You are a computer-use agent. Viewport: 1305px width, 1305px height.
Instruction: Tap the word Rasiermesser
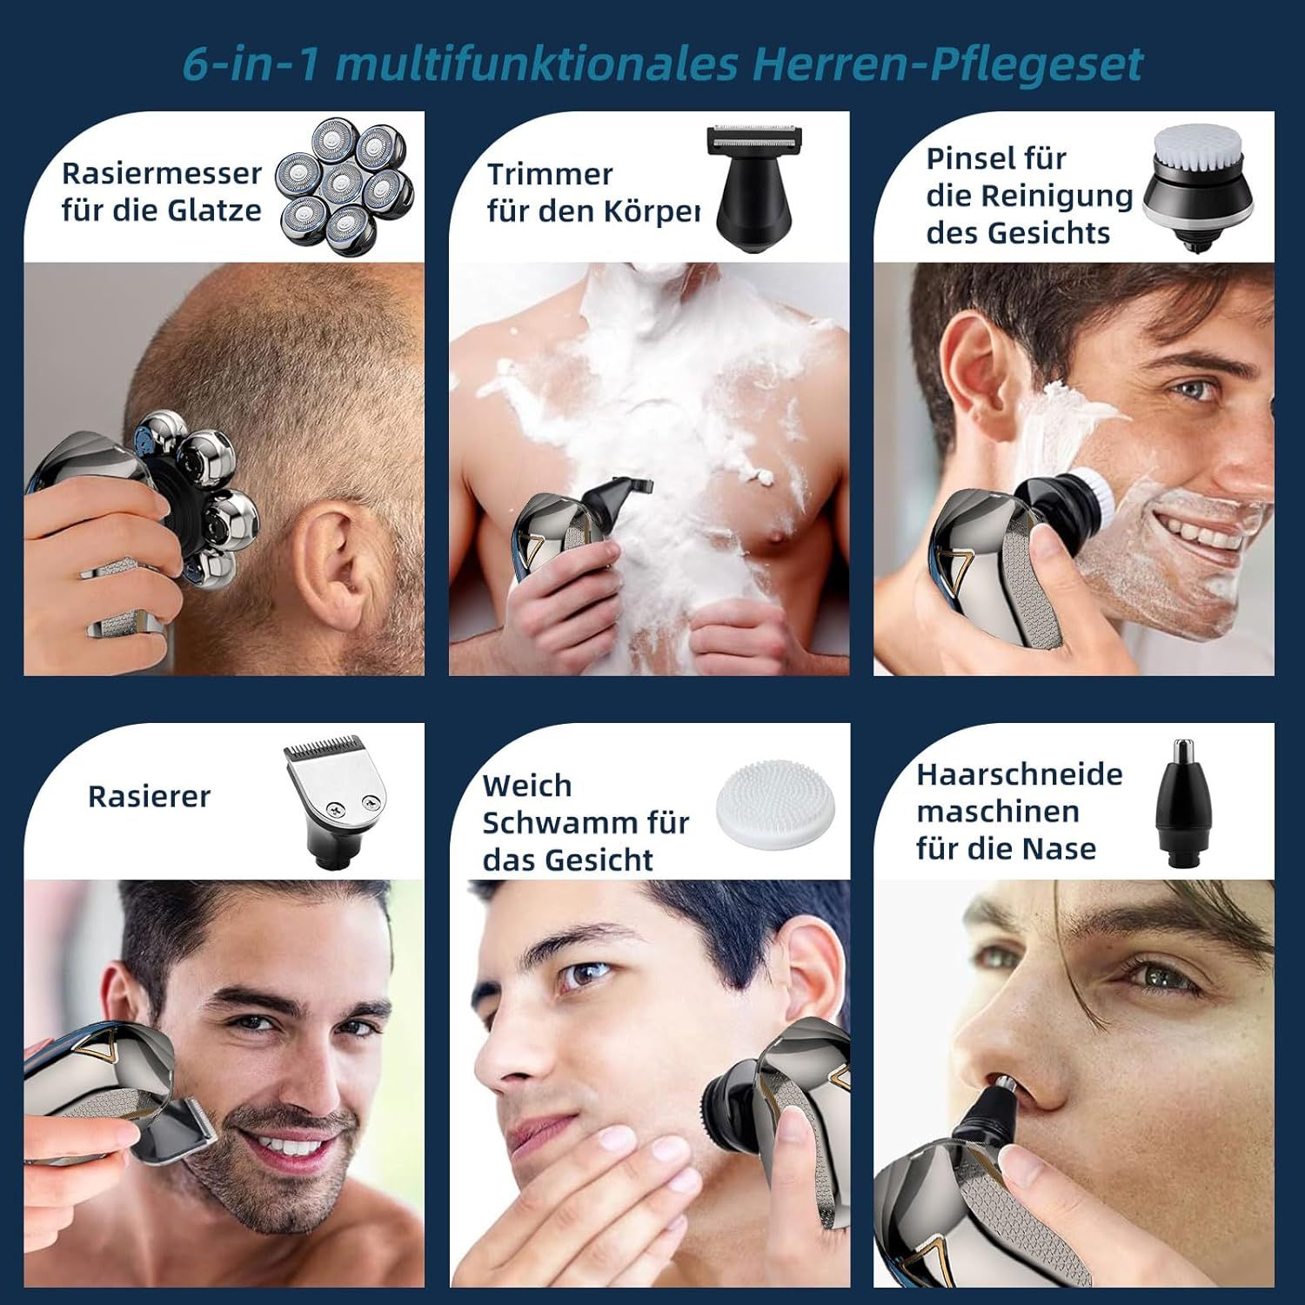click(x=161, y=173)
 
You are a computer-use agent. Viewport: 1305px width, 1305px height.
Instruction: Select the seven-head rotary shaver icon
click(x=344, y=180)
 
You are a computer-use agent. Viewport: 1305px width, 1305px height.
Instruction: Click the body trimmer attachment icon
click(x=750, y=187)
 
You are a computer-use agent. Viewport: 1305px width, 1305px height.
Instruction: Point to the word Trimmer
click(x=550, y=174)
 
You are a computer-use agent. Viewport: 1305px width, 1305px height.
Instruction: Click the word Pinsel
click(x=966, y=159)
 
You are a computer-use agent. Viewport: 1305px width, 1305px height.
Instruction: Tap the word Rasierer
click(x=149, y=796)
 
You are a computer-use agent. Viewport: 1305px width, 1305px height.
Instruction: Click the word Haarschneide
click(x=1019, y=773)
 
